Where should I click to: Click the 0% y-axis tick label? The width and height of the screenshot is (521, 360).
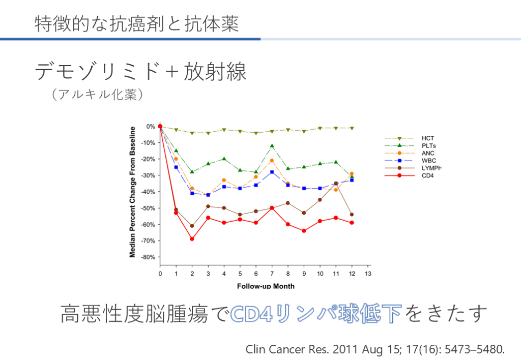(x=151, y=126)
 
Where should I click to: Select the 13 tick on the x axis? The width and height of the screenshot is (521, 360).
(x=368, y=274)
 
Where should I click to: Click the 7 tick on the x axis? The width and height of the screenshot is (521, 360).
(x=272, y=274)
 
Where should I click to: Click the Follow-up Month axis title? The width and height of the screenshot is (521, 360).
(x=266, y=286)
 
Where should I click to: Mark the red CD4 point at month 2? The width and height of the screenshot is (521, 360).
(x=192, y=239)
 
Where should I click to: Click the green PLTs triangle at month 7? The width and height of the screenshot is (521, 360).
(x=272, y=146)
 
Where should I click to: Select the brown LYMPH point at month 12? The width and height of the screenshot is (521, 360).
(x=352, y=215)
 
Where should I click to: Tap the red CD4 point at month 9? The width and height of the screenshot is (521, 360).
(x=304, y=231)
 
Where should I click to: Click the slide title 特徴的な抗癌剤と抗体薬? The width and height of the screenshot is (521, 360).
(x=137, y=24)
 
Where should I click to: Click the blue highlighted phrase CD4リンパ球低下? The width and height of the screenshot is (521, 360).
(x=315, y=314)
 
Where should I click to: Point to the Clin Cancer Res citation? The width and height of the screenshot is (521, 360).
(x=375, y=349)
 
